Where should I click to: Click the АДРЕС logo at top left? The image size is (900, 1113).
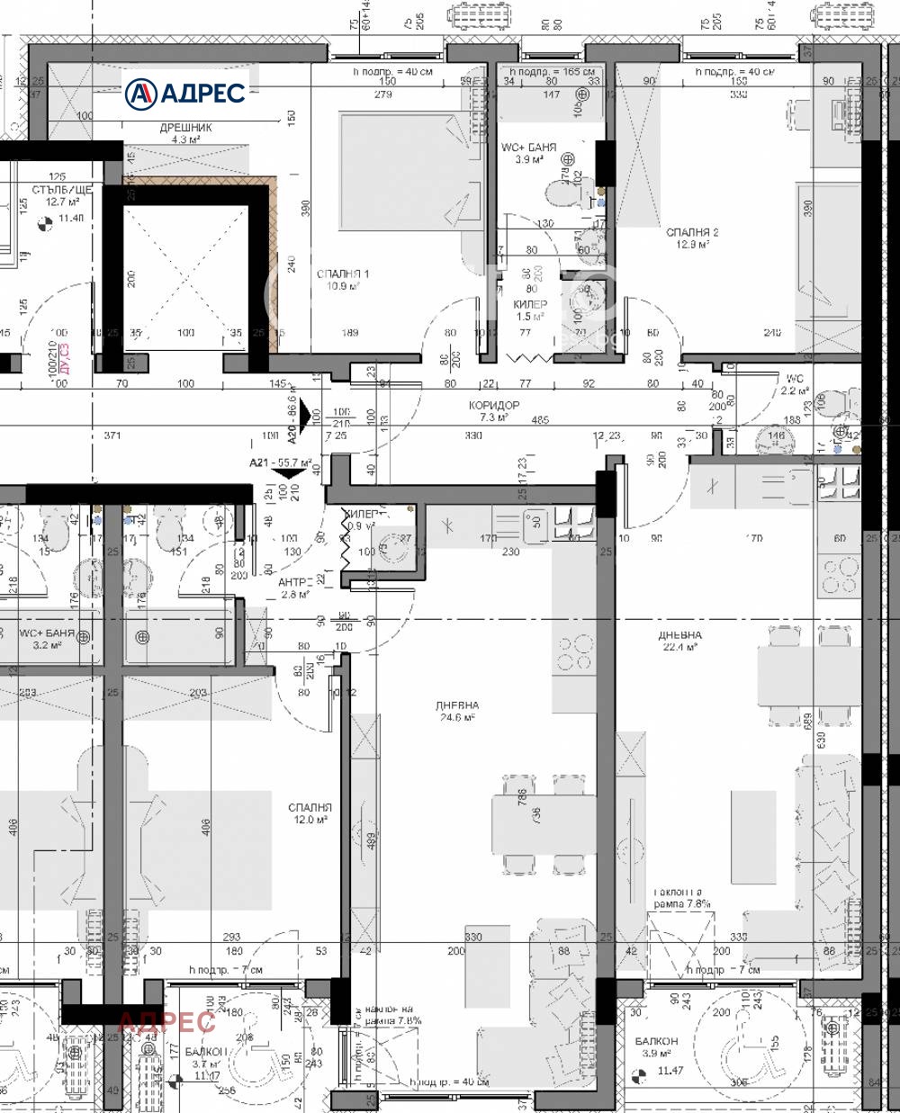pyautogui.click(x=184, y=92)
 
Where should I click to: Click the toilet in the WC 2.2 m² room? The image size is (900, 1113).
pyautogui.click(x=836, y=398)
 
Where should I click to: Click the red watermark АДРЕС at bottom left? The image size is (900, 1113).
pyautogui.click(x=166, y=1021)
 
